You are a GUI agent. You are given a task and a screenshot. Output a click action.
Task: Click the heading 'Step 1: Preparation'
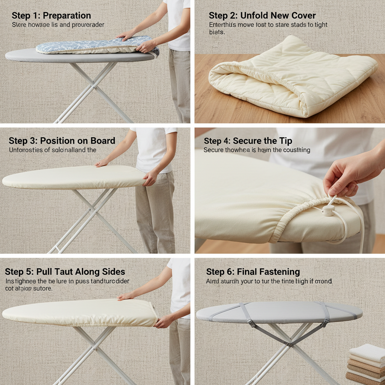tap(51, 16)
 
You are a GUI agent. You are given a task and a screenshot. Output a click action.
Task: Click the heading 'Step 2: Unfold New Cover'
tap(262, 16)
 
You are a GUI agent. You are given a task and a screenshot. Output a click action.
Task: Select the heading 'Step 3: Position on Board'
tap(62, 141)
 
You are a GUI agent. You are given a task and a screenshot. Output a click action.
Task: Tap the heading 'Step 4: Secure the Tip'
tap(248, 141)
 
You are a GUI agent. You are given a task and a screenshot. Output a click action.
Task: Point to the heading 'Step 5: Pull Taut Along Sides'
tap(65, 272)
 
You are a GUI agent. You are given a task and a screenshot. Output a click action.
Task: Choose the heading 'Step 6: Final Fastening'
tap(253, 272)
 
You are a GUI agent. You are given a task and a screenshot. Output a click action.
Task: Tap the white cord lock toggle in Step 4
tap(329, 211)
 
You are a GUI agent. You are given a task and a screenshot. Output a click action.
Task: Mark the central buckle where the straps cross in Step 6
tap(289, 344)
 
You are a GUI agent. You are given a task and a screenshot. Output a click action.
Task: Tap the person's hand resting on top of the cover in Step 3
tap(102, 163)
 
